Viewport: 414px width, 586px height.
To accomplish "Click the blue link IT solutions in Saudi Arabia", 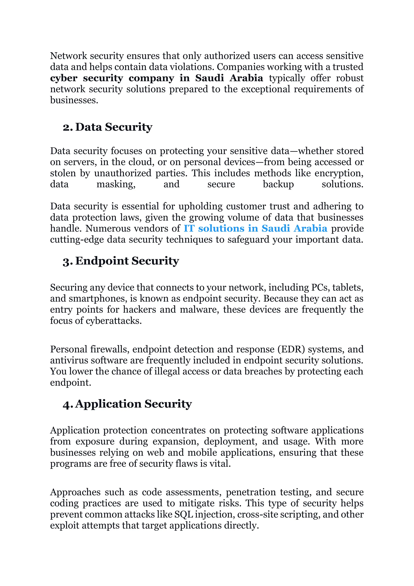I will click(255, 228).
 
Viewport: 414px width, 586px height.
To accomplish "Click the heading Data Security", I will click(114, 127).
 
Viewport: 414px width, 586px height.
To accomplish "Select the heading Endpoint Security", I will click(127, 261).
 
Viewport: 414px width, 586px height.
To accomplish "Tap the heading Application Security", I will click(133, 404).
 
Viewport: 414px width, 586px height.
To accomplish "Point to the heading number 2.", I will click(68, 128).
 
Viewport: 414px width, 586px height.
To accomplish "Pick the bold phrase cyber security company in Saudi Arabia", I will click(156, 78).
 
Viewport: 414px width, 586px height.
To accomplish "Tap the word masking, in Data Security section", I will click(116, 184).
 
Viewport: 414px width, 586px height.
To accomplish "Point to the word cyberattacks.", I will click(114, 321).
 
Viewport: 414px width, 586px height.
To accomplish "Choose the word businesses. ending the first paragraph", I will click(74, 100).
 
